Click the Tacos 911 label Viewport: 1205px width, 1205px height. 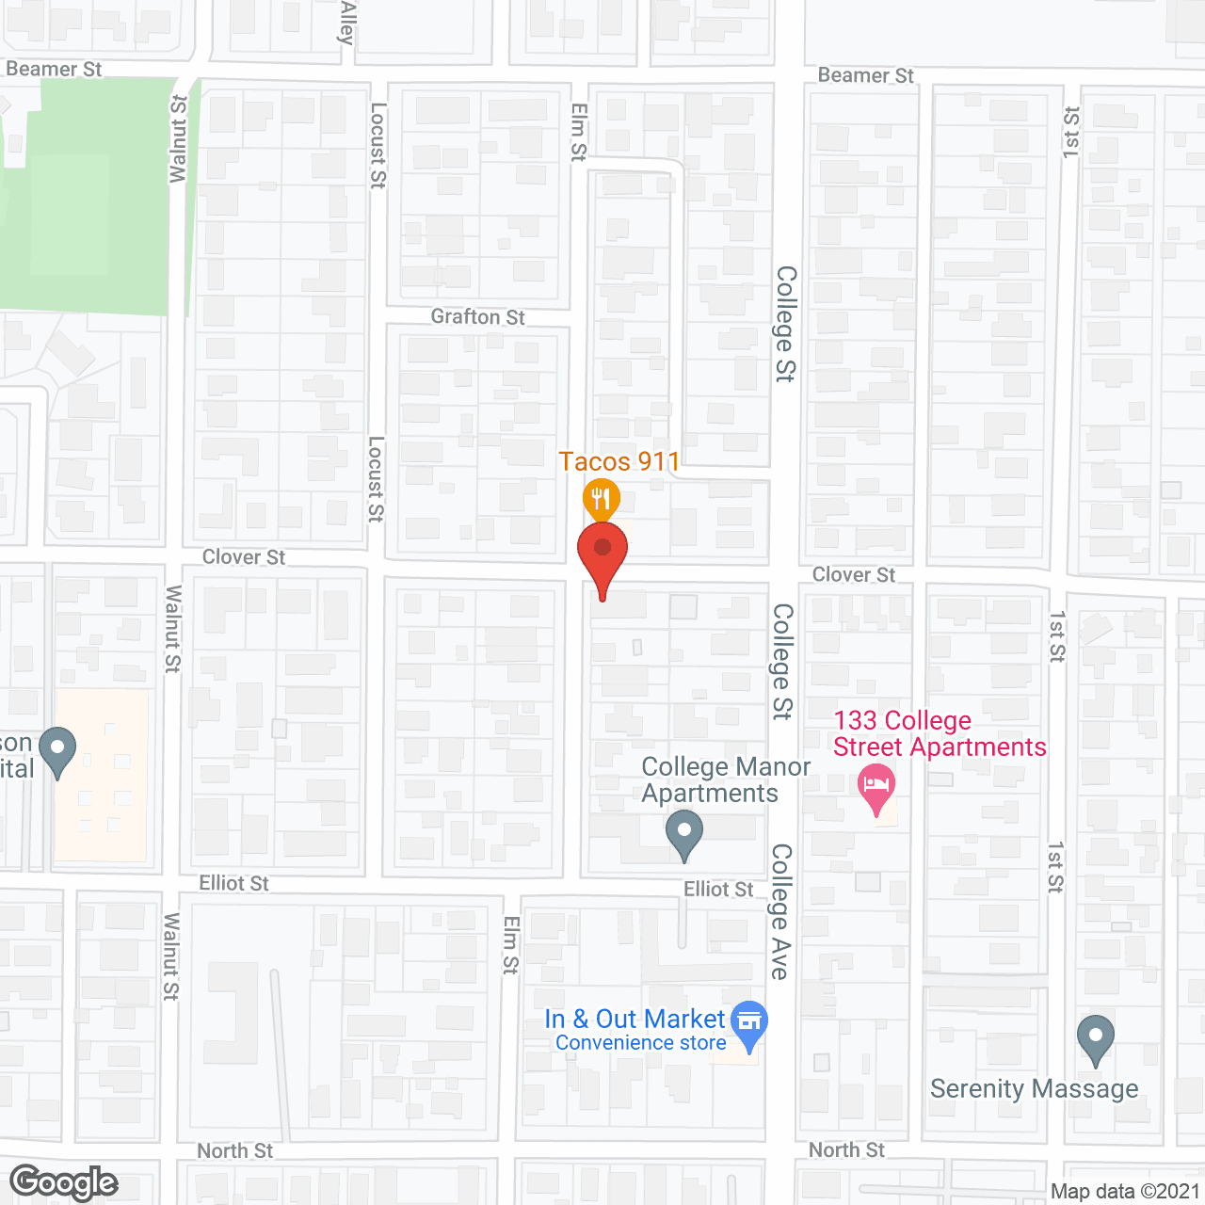(619, 461)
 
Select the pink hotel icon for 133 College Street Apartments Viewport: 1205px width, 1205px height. (876, 786)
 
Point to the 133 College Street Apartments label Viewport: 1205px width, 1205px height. (939, 733)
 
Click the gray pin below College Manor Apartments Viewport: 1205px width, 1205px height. (684, 834)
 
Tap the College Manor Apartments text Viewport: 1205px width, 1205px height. (725, 779)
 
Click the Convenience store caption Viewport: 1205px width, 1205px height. (640, 1043)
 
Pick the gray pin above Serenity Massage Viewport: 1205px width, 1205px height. (1095, 1037)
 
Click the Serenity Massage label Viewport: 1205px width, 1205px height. (1034, 1088)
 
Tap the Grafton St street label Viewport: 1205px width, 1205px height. (477, 316)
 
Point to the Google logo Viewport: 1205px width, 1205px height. (64, 1182)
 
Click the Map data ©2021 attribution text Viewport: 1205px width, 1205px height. (1124, 1191)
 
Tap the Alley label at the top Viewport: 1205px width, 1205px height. (347, 23)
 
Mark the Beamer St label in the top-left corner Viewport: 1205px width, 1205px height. (54, 69)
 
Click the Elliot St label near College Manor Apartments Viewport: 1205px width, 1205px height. (718, 889)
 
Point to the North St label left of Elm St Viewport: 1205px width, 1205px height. (234, 1150)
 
